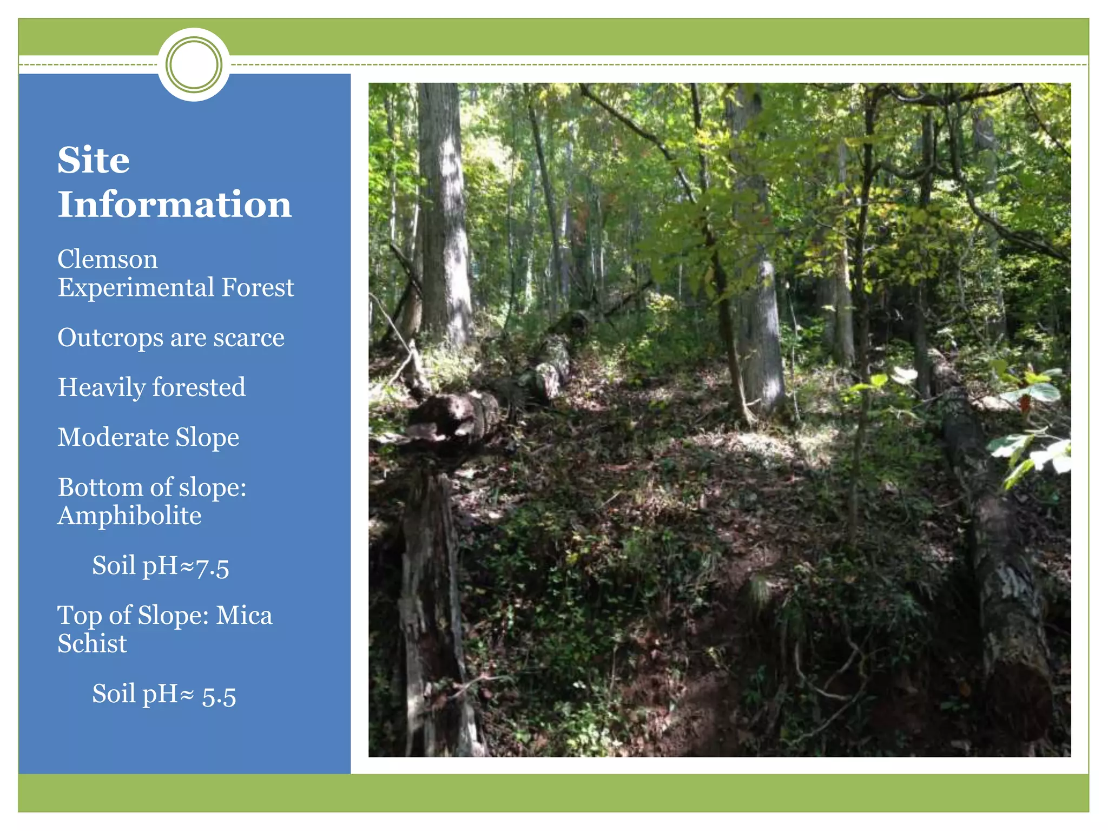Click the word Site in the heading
click(x=94, y=160)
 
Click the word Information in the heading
click(x=175, y=205)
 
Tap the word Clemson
click(x=108, y=259)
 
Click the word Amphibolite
click(x=129, y=516)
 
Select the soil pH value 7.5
click(x=212, y=567)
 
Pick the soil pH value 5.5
click(x=219, y=695)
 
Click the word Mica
click(x=244, y=616)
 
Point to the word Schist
click(x=93, y=644)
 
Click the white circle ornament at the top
click(x=194, y=64)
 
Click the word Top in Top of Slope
click(x=80, y=616)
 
